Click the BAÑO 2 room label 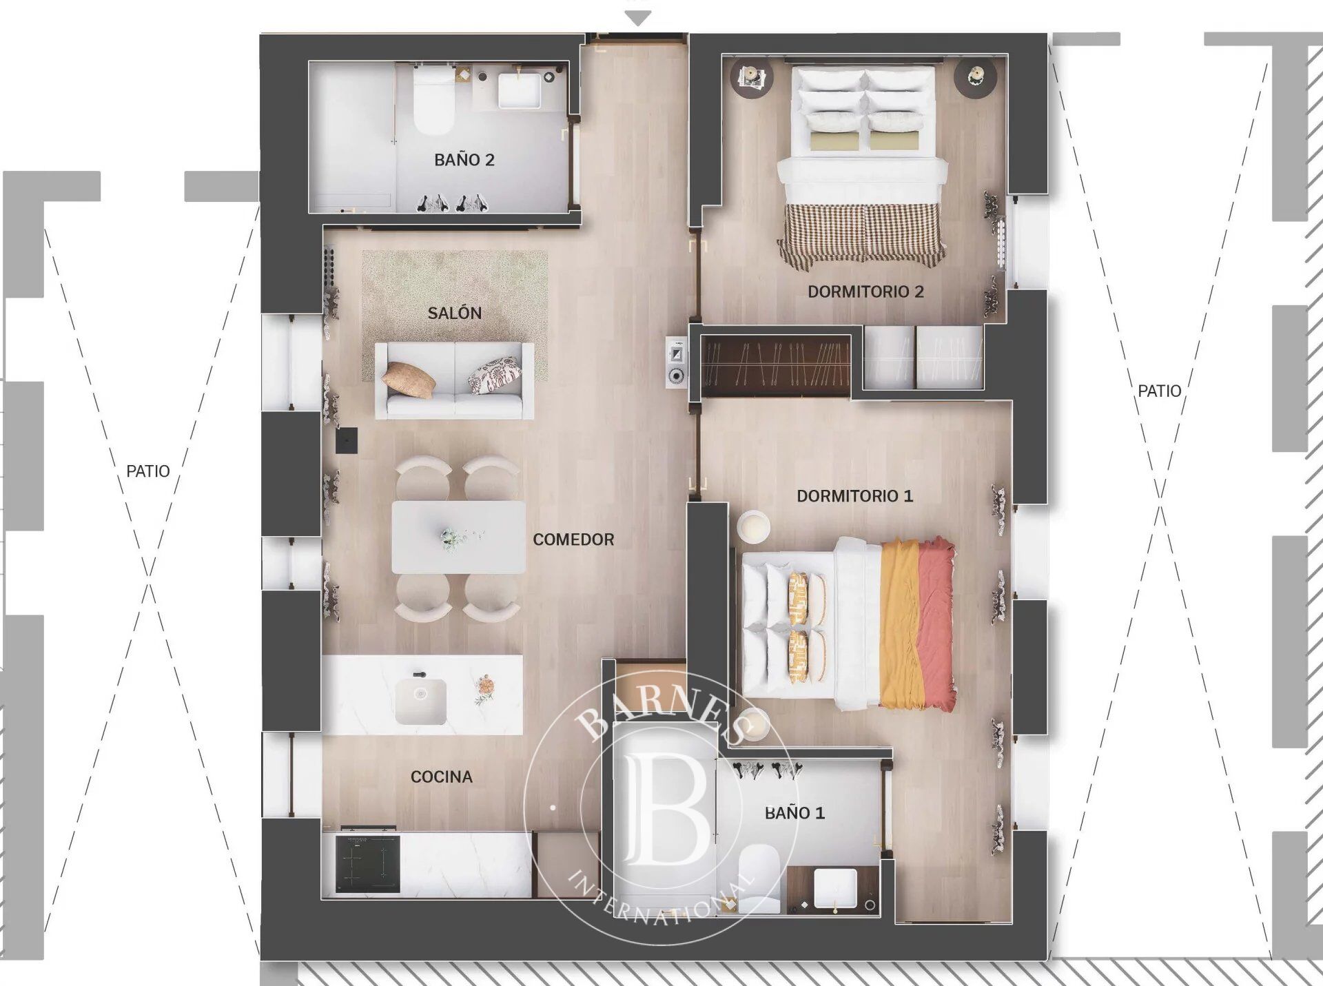[x=464, y=160]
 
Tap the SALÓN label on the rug [x=454, y=313]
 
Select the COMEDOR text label [x=573, y=540]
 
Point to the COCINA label [x=441, y=777]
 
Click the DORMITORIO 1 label [x=854, y=496]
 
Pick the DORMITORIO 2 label [x=865, y=291]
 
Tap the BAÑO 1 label [x=794, y=813]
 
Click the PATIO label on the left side [x=147, y=471]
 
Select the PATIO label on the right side [x=1159, y=391]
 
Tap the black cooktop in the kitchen [x=368, y=863]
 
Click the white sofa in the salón [x=454, y=381]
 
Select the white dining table [x=458, y=537]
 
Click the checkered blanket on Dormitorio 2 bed [x=862, y=234]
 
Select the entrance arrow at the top [x=639, y=19]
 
